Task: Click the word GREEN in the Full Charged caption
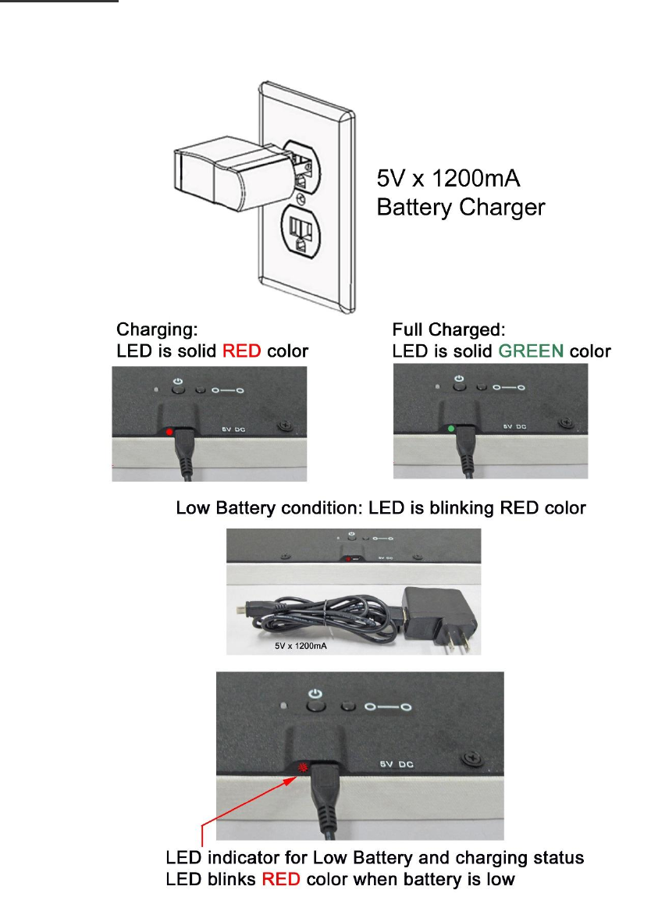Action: point(530,351)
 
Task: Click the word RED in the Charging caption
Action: point(241,351)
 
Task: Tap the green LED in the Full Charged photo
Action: point(450,429)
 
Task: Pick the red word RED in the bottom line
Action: point(280,880)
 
